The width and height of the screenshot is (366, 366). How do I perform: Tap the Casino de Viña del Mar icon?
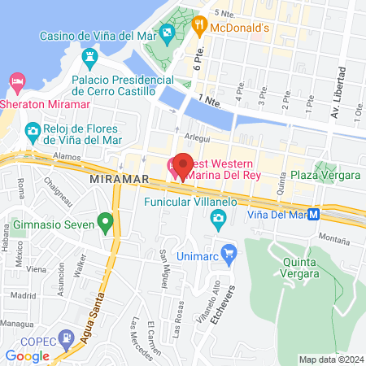pos(167,35)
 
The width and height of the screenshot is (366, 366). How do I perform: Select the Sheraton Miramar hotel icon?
pos(17,81)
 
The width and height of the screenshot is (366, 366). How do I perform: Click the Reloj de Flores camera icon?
pos(33,130)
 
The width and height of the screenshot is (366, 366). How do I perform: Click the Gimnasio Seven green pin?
pos(104,220)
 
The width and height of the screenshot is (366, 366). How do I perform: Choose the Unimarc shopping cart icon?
pos(229,252)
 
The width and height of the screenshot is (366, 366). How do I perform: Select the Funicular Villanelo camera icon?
pos(217,218)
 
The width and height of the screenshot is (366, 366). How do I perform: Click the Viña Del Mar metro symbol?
pos(325,216)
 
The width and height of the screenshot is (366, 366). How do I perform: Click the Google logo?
pos(27,355)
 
